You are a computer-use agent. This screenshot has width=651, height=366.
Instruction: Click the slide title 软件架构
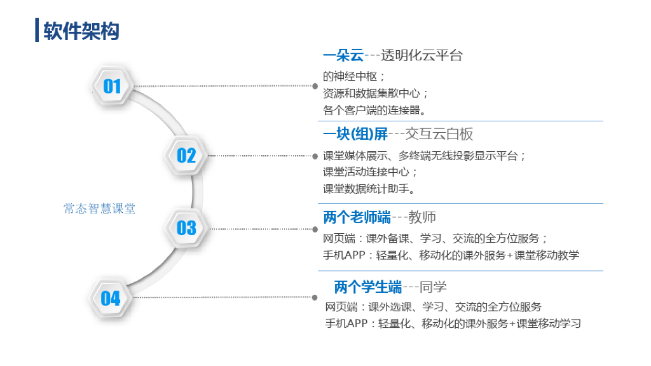(x=81, y=30)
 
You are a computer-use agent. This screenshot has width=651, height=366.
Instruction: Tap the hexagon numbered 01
(x=112, y=86)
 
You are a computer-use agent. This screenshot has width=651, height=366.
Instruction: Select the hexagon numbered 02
(x=186, y=155)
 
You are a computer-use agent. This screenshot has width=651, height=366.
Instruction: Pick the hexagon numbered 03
(x=186, y=227)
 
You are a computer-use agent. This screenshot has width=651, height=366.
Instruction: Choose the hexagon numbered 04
(x=111, y=298)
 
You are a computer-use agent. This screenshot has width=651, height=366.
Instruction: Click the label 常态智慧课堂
(x=100, y=208)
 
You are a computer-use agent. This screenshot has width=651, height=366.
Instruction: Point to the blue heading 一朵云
(x=343, y=55)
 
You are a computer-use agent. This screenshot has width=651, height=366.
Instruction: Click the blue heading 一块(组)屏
(x=355, y=134)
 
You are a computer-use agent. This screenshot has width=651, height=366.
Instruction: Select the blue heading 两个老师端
(x=357, y=217)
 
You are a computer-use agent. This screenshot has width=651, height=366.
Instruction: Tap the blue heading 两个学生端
(x=368, y=287)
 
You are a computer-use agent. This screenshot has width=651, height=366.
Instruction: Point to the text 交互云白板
(x=439, y=134)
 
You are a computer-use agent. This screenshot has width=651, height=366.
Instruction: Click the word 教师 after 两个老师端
(x=423, y=217)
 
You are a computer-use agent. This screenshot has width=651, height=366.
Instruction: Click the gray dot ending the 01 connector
(x=315, y=85)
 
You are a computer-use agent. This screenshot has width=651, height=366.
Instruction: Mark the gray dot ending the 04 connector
(x=315, y=297)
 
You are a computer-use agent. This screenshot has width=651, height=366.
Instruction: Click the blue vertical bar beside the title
(x=37, y=30)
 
